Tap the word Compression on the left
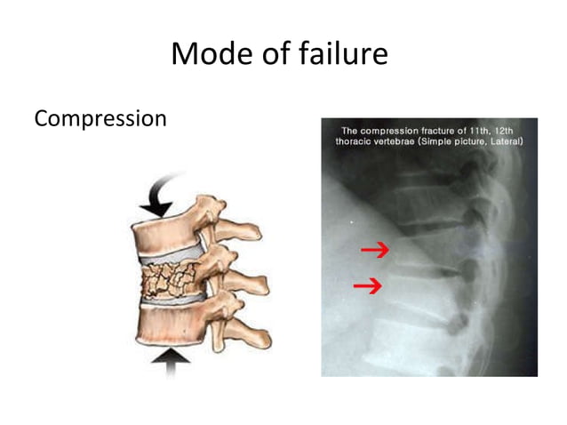coord(100,118)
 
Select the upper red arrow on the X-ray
coord(375,252)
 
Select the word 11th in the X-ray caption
coord(476,129)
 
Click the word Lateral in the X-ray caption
coord(507,140)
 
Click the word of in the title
coord(272,53)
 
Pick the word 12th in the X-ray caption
coord(508,129)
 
